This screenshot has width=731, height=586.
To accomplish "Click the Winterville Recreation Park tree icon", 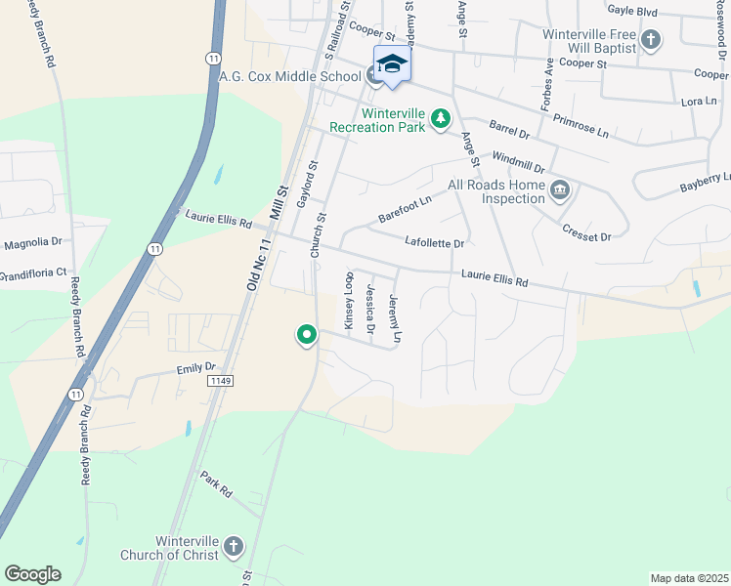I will [442, 118].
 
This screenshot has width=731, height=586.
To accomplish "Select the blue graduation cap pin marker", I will [392, 64].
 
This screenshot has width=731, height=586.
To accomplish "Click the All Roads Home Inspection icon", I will [560, 188].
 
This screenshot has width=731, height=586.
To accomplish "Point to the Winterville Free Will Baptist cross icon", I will [652, 40].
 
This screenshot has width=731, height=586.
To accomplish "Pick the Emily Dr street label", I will [195, 367].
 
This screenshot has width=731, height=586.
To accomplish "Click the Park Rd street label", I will [216, 484].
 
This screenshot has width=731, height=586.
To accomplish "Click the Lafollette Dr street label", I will [434, 242].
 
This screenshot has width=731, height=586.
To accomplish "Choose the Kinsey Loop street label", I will [348, 300].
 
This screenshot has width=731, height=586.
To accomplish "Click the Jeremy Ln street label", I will [396, 316].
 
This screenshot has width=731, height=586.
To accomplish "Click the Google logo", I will [32, 574].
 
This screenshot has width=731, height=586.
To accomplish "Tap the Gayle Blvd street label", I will [632, 11].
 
